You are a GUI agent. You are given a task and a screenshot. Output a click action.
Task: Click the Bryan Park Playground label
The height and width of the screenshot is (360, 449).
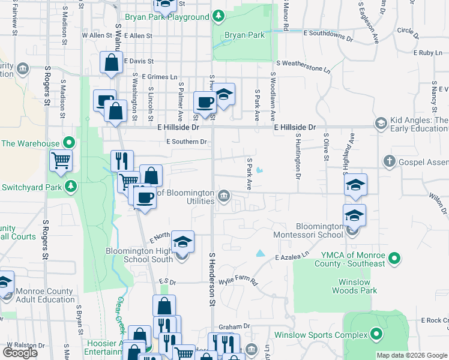click(167, 17)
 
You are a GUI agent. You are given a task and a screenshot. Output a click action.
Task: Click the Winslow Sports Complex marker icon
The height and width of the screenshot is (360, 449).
click(376, 334)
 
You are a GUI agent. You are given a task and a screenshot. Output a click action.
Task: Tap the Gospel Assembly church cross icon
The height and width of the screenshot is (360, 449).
click(390, 161)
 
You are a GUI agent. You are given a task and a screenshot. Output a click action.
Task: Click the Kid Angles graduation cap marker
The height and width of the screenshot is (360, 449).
click(380, 123)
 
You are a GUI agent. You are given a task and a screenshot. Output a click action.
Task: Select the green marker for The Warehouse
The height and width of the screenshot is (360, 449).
click(69, 143)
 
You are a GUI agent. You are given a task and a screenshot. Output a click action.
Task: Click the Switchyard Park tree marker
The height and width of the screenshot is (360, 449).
click(71, 186)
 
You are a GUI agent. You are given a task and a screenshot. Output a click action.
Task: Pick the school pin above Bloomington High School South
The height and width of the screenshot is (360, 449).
click(182, 241)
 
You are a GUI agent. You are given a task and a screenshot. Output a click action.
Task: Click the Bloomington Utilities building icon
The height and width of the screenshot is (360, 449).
click(223, 196)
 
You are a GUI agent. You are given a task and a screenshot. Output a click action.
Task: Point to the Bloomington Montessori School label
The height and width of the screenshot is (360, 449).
click(311, 231)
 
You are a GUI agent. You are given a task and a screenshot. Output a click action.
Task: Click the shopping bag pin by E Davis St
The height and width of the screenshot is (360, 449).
click(112, 62)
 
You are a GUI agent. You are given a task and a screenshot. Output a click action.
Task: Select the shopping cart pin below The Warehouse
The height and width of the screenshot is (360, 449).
click(61, 161)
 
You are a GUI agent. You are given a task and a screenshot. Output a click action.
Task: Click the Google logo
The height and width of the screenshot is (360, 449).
click(20, 353)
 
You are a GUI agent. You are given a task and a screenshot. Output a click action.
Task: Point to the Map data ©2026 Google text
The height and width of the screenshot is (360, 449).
click(412, 355)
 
